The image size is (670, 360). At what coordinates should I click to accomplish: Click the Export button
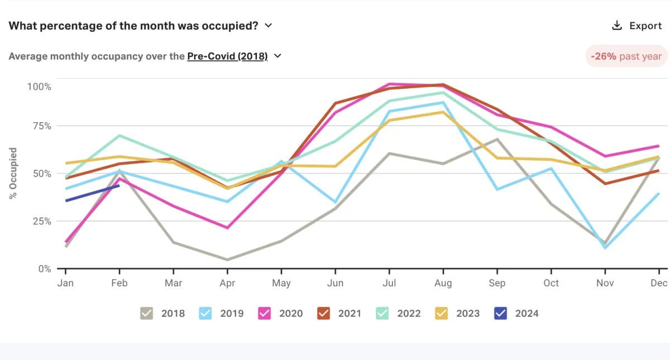click(636, 26)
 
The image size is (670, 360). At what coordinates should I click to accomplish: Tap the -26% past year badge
click(626, 56)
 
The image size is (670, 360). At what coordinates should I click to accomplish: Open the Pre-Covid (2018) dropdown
click(234, 56)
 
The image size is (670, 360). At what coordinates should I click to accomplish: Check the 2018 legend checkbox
click(147, 313)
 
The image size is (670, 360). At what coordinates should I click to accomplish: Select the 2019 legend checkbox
click(205, 313)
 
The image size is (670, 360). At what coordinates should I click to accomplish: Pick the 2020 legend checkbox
click(265, 313)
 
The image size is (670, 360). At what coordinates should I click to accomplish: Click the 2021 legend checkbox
click(324, 313)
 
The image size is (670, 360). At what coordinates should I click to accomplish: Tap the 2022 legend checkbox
click(382, 313)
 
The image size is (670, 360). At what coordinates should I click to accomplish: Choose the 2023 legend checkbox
click(442, 313)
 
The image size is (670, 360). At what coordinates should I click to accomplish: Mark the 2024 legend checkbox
click(501, 313)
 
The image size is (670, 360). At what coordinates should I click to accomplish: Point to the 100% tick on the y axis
click(39, 87)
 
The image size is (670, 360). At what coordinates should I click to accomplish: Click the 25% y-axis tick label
click(41, 221)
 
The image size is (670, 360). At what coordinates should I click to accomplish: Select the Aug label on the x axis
click(443, 283)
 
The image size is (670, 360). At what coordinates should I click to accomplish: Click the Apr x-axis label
click(227, 283)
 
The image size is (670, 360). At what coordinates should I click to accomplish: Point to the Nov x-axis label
click(605, 283)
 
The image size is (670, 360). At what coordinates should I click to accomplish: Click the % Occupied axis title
click(13, 174)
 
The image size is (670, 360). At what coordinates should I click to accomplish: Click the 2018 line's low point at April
click(227, 260)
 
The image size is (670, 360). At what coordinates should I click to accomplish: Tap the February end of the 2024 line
click(119, 185)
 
